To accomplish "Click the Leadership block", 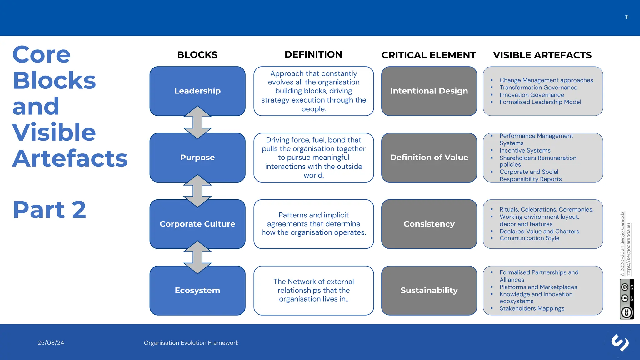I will [197, 91].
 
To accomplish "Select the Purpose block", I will [197, 157].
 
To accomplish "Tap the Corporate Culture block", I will [197, 224].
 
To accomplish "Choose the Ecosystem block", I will [197, 290].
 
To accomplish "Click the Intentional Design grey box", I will [429, 91].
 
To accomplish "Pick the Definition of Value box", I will [429, 157].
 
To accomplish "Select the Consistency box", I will [429, 224].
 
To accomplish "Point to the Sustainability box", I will [429, 290].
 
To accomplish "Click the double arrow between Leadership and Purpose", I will [197, 123].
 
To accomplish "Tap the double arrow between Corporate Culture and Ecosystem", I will [197, 257].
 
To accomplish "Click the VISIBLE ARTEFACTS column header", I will [542, 55].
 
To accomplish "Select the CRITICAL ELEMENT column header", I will [428, 55].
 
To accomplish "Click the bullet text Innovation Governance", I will [532, 95].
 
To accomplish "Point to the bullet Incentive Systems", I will [525, 150].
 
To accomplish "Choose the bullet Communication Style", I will [529, 238].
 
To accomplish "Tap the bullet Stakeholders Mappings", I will [532, 308].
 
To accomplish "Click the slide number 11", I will [627, 17].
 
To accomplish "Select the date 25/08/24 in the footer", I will [51, 343].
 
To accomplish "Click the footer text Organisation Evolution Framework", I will [191, 343].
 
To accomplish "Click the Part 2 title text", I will [49, 210].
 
